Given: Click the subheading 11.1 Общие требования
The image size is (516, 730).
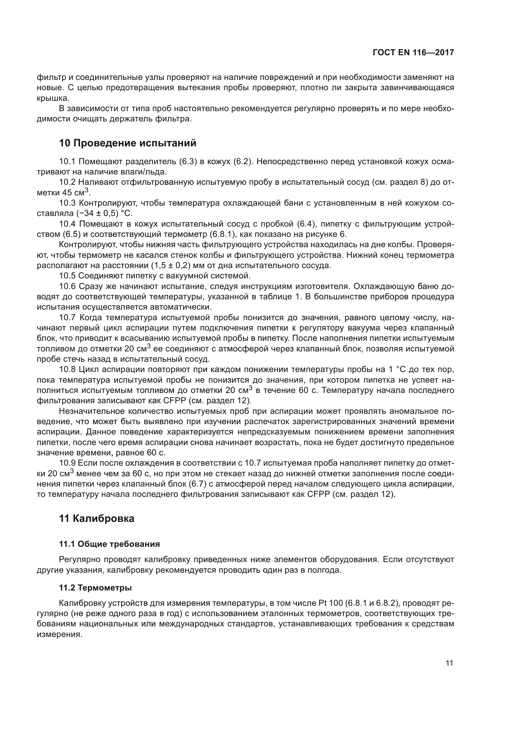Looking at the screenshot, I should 109,544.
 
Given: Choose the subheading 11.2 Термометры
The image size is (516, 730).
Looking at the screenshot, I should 95,588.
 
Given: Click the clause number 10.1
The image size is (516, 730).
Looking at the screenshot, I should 67,162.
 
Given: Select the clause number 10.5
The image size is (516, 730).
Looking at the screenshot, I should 67,276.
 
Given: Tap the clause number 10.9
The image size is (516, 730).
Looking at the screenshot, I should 67,463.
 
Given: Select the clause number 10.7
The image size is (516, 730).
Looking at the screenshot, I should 67,318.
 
